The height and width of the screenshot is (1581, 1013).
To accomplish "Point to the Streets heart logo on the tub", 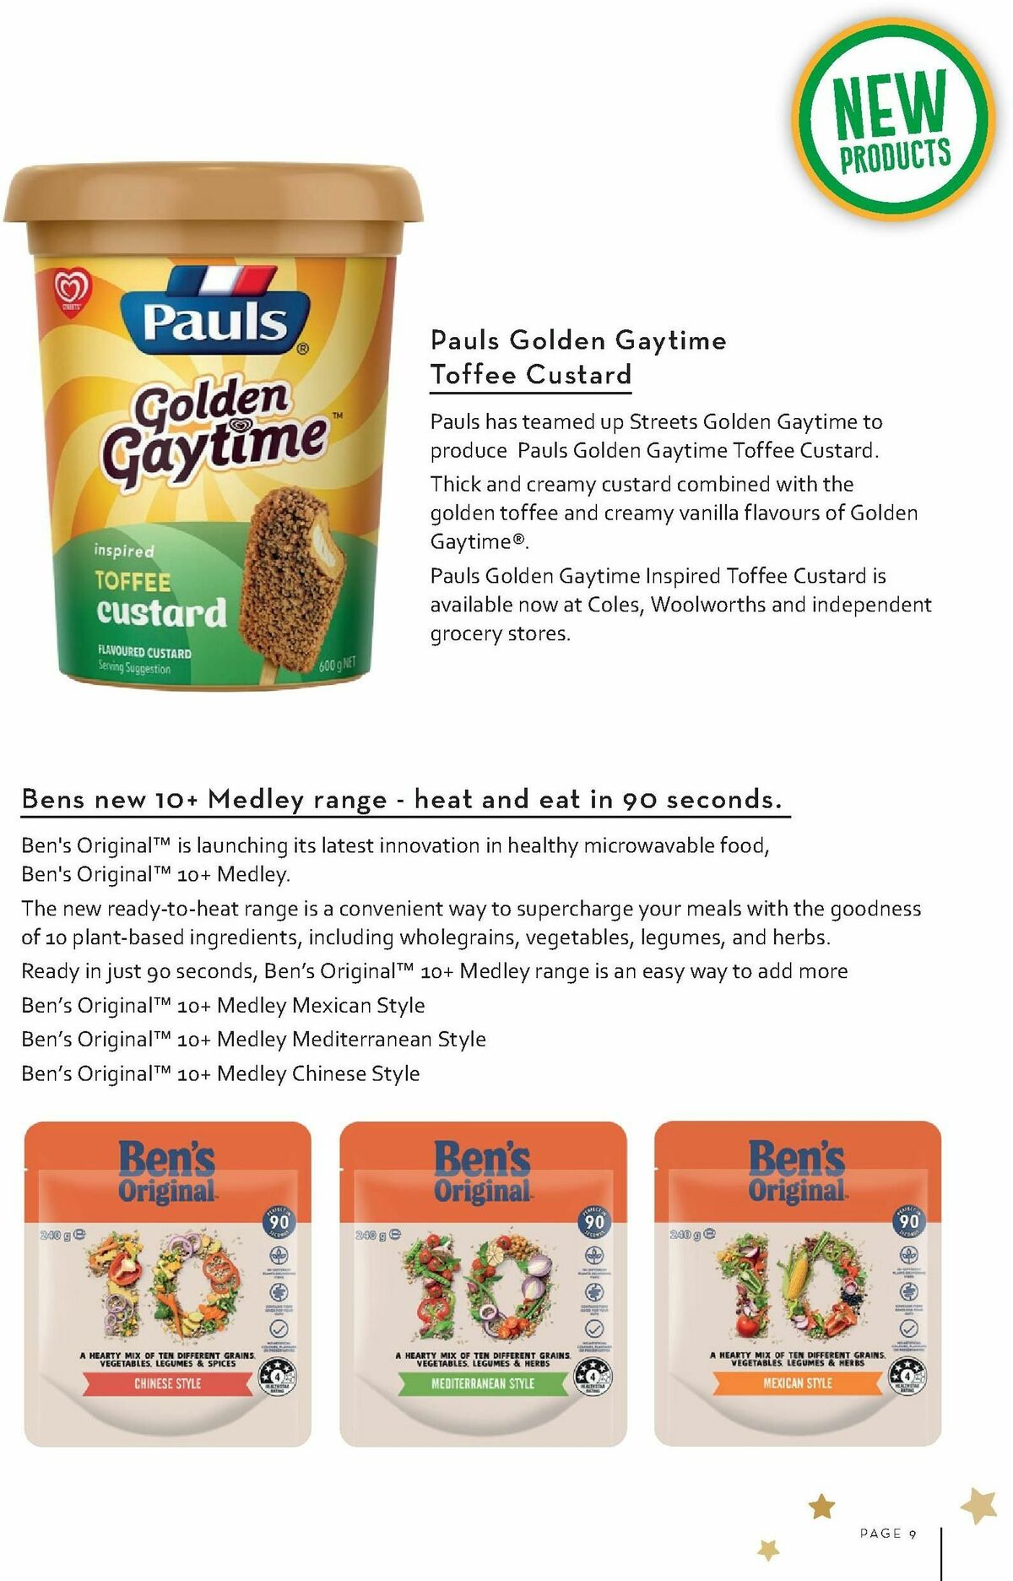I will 71,291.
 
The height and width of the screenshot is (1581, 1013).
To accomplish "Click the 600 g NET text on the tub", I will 337,665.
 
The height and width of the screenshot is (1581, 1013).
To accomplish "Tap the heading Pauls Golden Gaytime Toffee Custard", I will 577,357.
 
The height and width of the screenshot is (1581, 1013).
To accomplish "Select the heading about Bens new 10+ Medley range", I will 402,799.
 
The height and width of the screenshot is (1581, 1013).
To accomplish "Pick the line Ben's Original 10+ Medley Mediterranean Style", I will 253,1040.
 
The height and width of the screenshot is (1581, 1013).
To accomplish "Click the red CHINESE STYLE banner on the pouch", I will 167,1383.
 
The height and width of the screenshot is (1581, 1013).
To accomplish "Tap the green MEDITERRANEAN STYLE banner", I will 483,1383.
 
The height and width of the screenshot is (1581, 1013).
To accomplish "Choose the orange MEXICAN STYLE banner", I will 798,1383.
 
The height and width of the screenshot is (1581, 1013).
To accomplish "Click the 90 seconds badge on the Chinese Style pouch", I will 279,1222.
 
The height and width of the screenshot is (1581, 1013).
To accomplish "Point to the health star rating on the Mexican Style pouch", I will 907,1377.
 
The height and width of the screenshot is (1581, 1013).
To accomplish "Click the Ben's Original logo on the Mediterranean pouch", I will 482,1171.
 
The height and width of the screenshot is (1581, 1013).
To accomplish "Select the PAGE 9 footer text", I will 888,1533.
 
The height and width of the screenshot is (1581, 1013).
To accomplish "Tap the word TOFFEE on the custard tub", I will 133,582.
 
